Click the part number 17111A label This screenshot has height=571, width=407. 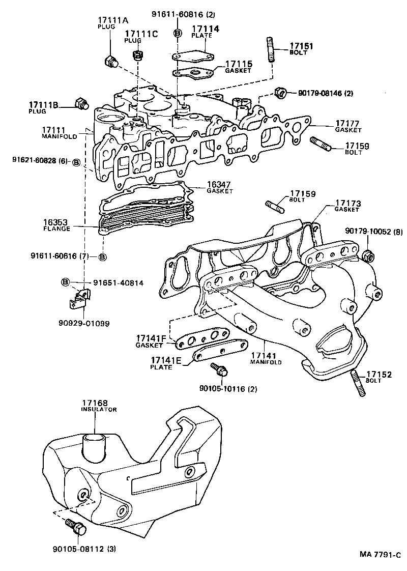[113, 20]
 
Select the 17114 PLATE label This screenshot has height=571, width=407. [205, 32]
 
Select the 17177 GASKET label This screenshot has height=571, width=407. [347, 126]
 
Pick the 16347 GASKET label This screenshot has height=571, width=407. [220, 187]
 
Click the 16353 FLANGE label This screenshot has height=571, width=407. [56, 225]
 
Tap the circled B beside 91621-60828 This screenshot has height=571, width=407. [76, 163]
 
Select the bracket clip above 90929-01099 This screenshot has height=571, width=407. [78, 299]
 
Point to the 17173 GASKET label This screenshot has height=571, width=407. [347, 206]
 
